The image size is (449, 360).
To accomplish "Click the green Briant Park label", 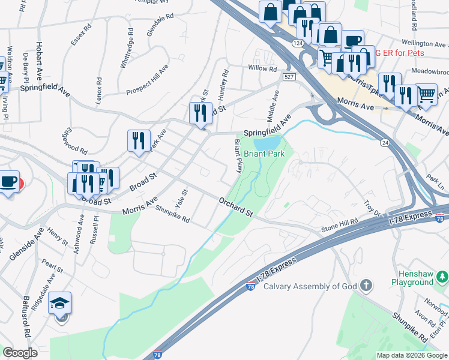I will (264, 154).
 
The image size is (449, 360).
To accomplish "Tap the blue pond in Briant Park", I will (268, 143).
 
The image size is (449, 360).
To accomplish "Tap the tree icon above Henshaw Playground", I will (442, 276).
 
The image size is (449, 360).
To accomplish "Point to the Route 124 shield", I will (298, 44).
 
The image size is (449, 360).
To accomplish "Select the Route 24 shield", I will (384, 142).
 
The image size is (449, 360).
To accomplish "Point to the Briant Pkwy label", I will (238, 156).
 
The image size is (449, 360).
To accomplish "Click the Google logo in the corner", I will (20, 353).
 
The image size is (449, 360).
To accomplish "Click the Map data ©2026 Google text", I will (412, 355).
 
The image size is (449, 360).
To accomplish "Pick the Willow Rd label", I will (262, 68).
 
